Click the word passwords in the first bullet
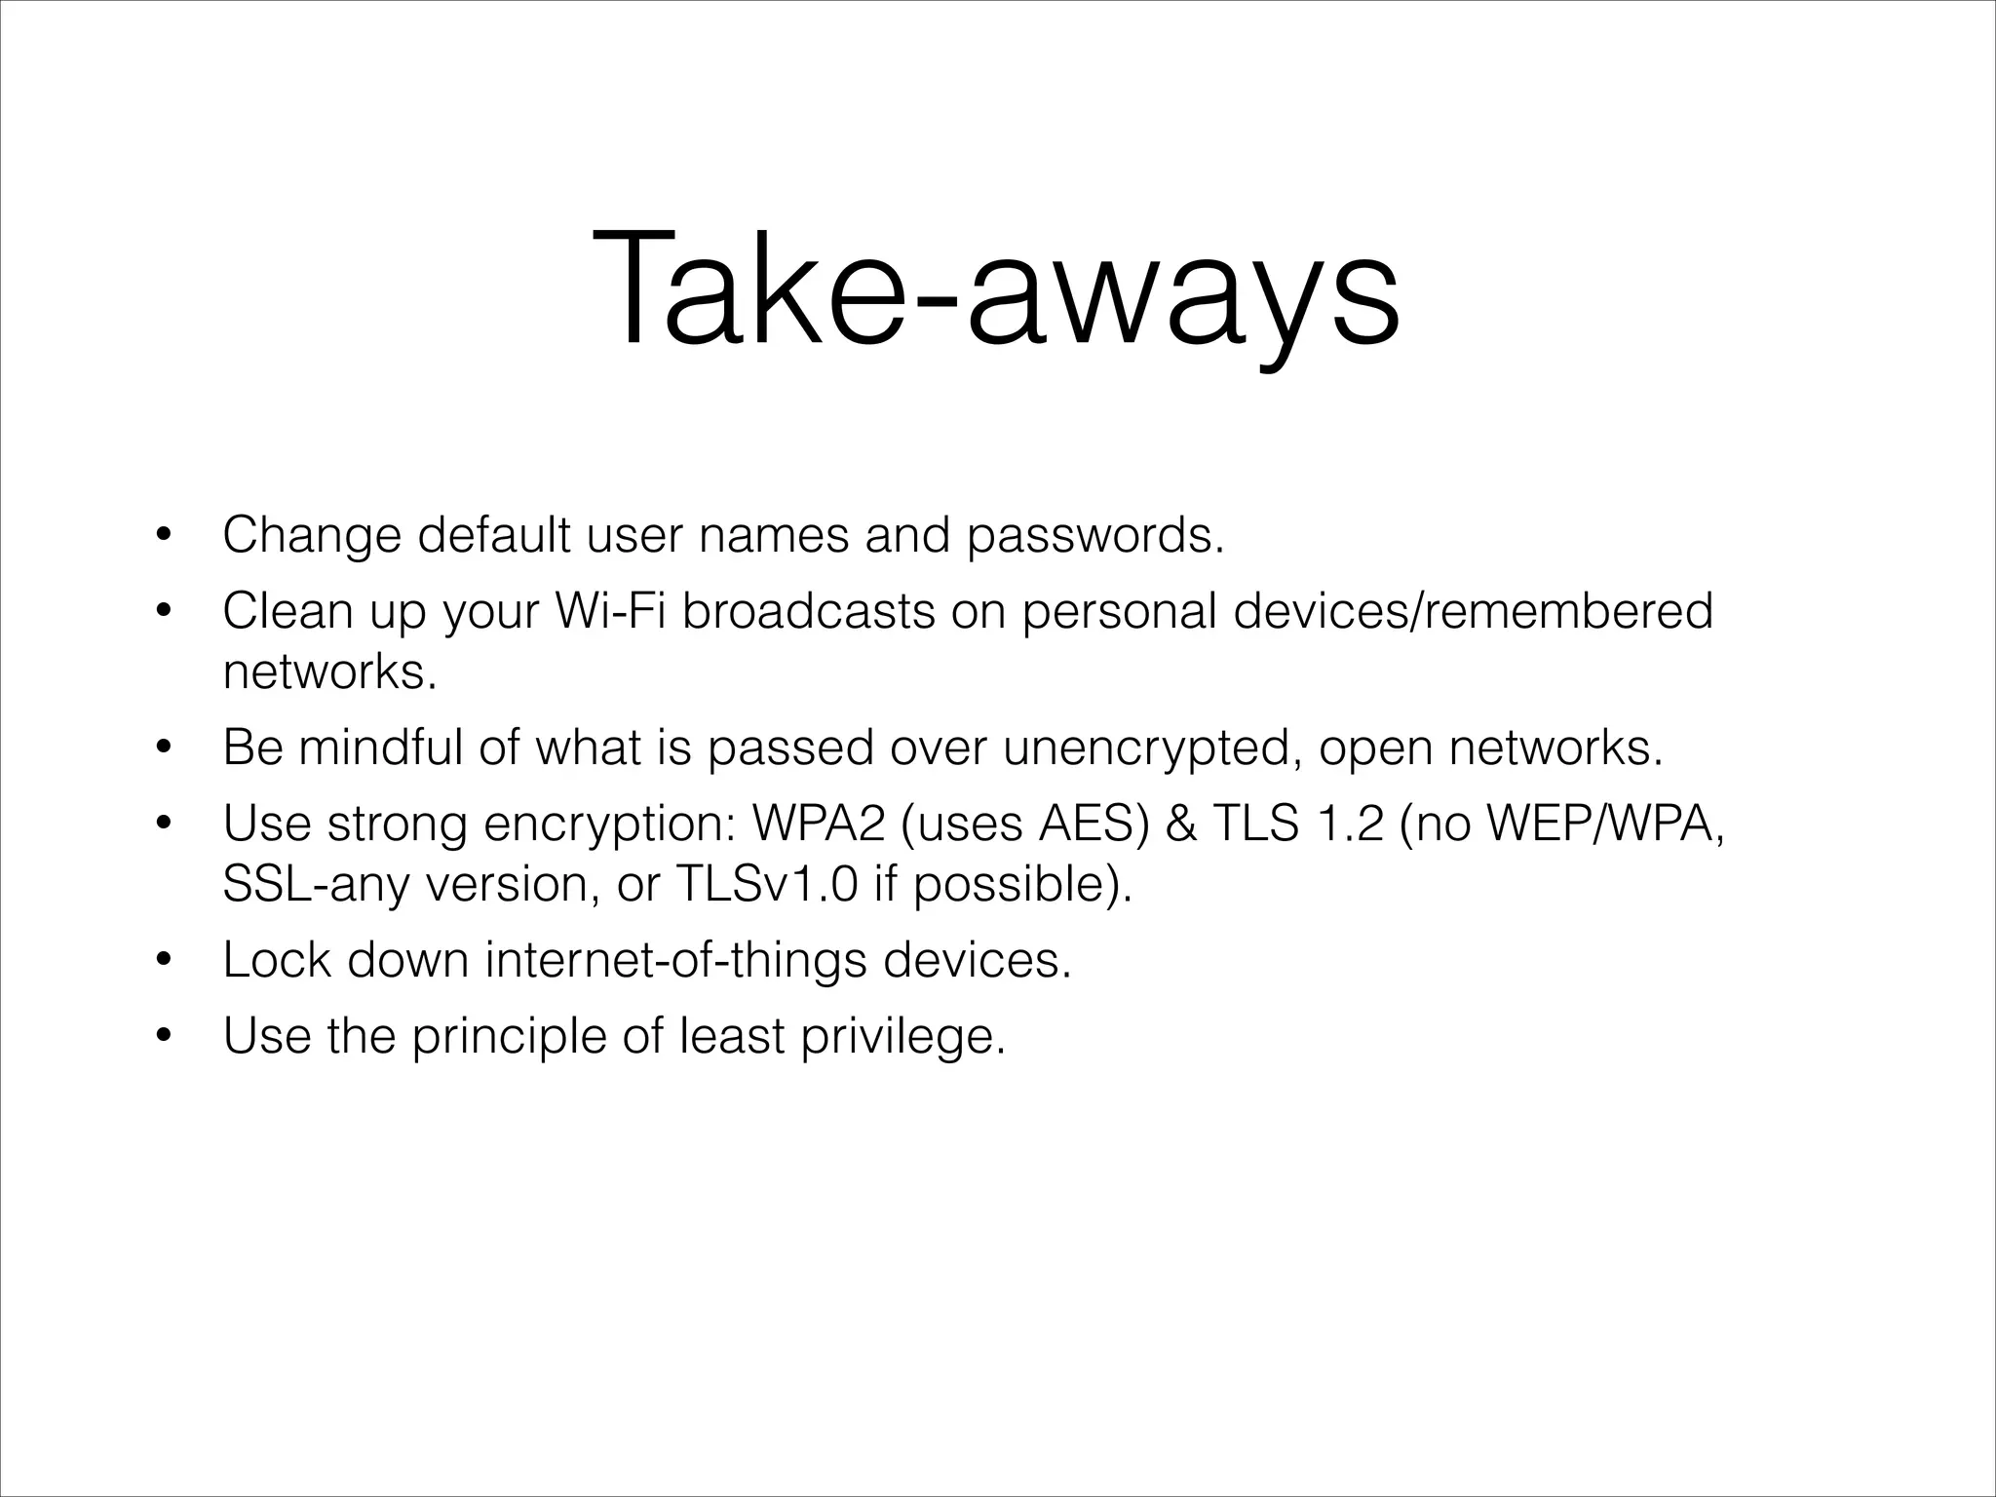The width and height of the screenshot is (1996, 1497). pos(1094,536)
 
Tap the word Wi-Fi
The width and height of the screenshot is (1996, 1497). pos(610,612)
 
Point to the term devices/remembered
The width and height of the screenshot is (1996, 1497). pos(1472,612)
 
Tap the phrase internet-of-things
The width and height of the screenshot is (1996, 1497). pos(675,961)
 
